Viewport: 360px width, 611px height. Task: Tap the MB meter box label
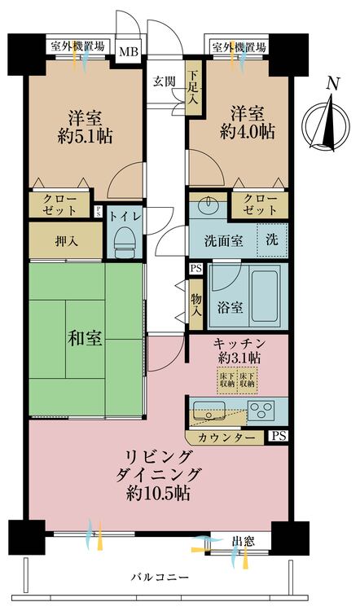(x=129, y=53)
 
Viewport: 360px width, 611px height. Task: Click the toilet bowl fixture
(x=125, y=240)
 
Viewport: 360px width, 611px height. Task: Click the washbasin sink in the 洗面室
(x=210, y=204)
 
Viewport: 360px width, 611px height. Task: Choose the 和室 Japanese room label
(x=84, y=339)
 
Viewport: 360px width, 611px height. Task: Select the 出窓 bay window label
(x=242, y=540)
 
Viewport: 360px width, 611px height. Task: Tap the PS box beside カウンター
(x=279, y=437)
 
